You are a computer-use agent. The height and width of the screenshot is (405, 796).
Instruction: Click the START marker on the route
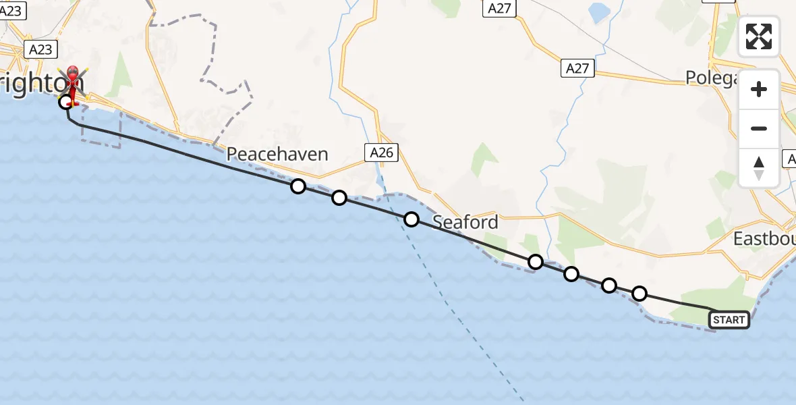pyautogui.click(x=729, y=320)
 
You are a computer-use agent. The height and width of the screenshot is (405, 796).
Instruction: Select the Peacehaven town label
pyautogui.click(x=277, y=154)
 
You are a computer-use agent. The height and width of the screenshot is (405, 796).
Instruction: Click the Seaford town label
pyautogui.click(x=465, y=221)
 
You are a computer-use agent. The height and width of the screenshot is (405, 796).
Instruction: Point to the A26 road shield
pyautogui.click(x=382, y=153)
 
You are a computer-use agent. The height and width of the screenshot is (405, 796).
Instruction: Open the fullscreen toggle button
pyautogui.click(x=759, y=36)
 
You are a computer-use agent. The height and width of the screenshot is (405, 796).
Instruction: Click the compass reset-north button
pyautogui.click(x=759, y=168)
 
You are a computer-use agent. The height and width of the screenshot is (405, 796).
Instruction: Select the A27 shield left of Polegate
pyautogui.click(x=577, y=68)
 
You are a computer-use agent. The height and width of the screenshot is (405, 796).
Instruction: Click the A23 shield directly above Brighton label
pyautogui.click(x=40, y=49)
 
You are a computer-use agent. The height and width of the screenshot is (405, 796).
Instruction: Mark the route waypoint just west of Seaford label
pyautogui.click(x=411, y=219)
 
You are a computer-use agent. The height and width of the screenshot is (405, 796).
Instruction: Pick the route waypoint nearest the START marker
pyautogui.click(x=639, y=294)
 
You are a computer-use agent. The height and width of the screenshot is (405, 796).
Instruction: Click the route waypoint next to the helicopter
pyautogui.click(x=65, y=103)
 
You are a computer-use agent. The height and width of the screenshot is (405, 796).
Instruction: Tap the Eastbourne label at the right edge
pyautogui.click(x=764, y=239)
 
